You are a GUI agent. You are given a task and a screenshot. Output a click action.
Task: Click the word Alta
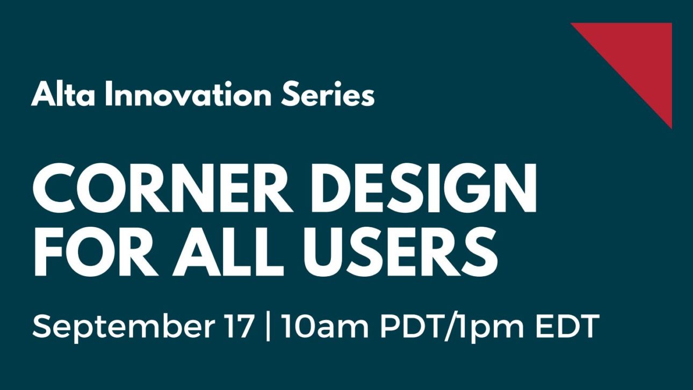[x=63, y=93]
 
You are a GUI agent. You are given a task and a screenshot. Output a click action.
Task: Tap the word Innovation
[x=189, y=93]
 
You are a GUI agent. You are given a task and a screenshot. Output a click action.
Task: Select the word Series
[x=328, y=94]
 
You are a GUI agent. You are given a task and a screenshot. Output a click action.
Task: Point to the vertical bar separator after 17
[x=268, y=327]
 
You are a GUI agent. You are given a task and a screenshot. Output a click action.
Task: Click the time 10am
[x=324, y=327]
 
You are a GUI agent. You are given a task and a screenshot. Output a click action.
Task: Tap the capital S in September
[x=42, y=326]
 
